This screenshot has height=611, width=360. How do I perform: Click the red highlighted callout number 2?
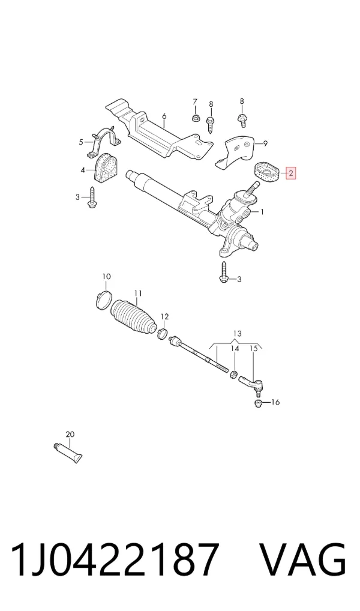(x=291, y=173)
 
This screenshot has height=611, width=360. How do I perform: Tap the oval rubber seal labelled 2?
(x=265, y=172)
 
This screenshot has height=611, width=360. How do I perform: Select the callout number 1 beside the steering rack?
(x=262, y=212)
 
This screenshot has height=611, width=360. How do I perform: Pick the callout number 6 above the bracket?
(x=164, y=116)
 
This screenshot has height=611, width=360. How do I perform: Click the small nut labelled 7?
(x=194, y=117)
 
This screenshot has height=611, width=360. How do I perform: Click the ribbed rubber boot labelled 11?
(x=133, y=318)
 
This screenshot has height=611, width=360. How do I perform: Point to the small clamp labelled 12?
(x=163, y=333)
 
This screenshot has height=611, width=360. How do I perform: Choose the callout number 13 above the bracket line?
(x=237, y=334)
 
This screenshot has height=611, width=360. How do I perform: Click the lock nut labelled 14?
(x=234, y=375)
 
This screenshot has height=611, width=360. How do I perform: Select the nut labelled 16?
(x=257, y=402)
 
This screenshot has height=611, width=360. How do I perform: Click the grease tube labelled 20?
(x=68, y=453)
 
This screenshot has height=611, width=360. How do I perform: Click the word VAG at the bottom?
(x=302, y=559)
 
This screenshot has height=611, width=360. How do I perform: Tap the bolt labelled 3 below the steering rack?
(x=224, y=272)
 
